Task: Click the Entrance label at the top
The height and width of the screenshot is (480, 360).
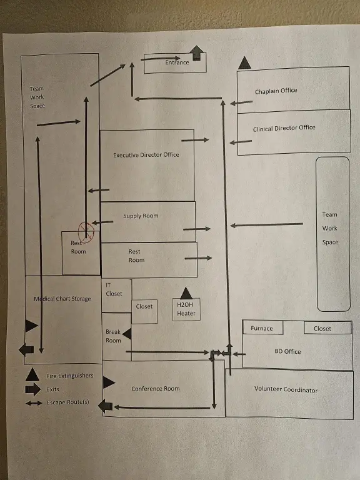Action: [177, 62]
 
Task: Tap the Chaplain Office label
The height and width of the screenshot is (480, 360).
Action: [276, 91]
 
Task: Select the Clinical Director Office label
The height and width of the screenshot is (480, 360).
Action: [284, 128]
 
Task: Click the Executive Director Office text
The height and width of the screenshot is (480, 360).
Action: [146, 155]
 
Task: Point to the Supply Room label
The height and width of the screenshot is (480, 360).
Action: [141, 216]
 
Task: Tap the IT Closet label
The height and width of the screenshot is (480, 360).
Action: [114, 289]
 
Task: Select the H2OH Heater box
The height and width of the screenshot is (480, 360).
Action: [186, 309]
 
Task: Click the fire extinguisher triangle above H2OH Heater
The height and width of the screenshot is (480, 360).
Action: [186, 292]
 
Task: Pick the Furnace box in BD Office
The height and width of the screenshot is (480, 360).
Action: [262, 328]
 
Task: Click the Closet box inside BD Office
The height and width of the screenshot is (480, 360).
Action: [322, 328]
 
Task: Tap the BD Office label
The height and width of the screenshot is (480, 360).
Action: [287, 352]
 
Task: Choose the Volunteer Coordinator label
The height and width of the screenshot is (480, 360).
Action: [286, 390]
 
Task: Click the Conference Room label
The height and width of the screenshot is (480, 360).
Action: [155, 389]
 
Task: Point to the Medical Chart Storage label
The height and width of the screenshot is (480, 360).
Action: [62, 299]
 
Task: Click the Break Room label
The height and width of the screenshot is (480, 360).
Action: [113, 336]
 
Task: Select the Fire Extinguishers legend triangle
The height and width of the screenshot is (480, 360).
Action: [32, 375]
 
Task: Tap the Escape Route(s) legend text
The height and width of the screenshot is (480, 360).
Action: [67, 402]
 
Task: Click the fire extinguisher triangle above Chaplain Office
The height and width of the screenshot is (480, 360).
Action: [244, 62]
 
